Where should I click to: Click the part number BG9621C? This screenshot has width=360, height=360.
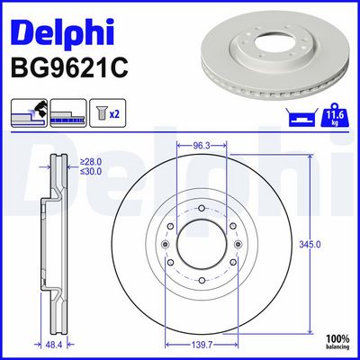click(69, 68)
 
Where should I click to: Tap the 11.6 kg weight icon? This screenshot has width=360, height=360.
click(335, 114)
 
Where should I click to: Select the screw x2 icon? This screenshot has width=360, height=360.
click(108, 112)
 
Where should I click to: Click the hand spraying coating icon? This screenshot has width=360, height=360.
click(29, 112)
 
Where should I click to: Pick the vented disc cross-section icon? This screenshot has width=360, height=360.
click(68, 112)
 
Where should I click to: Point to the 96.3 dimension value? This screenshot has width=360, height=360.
click(201, 146)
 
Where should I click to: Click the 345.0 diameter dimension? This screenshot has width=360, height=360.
click(310, 245)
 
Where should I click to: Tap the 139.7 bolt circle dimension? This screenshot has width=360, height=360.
click(202, 345)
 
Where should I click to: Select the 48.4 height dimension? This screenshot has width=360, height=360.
click(54, 345)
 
